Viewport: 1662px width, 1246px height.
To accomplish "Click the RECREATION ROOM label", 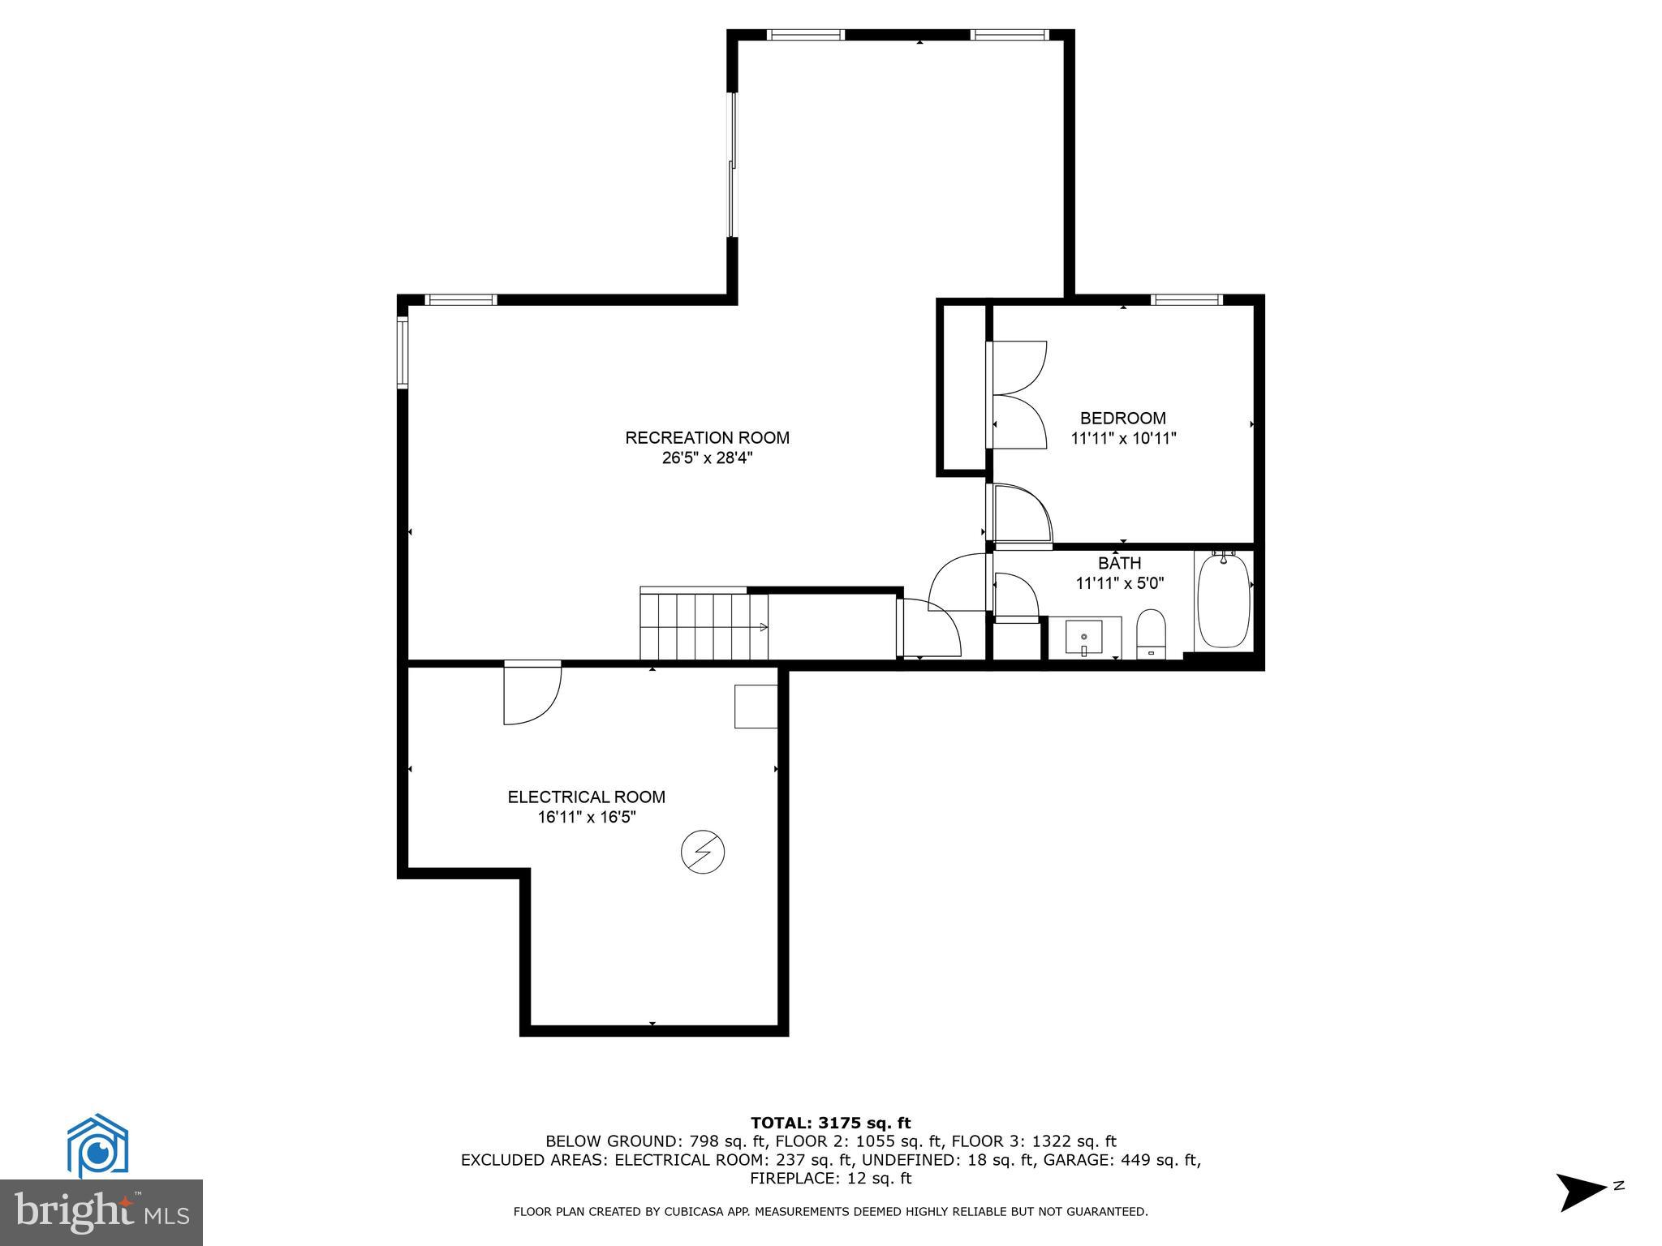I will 707,438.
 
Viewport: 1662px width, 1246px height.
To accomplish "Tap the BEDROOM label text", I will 1122,419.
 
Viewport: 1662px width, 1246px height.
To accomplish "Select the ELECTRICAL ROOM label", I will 586,797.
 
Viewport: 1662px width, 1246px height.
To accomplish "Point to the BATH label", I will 1119,563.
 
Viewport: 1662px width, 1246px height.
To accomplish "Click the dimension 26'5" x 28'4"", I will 707,458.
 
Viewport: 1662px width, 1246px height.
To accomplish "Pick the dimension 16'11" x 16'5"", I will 586,818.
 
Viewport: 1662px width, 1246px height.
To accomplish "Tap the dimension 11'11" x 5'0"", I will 1119,583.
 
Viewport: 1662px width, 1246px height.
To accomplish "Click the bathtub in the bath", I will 1223,600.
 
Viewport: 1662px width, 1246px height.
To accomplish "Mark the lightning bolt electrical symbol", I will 702,852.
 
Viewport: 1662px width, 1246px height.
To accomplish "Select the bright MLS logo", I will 101,1212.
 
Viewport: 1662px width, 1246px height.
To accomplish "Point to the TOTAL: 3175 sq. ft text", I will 830,1123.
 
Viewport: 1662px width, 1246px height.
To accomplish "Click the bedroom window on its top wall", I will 1186,300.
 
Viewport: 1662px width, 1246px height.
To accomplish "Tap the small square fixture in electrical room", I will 756,706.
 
